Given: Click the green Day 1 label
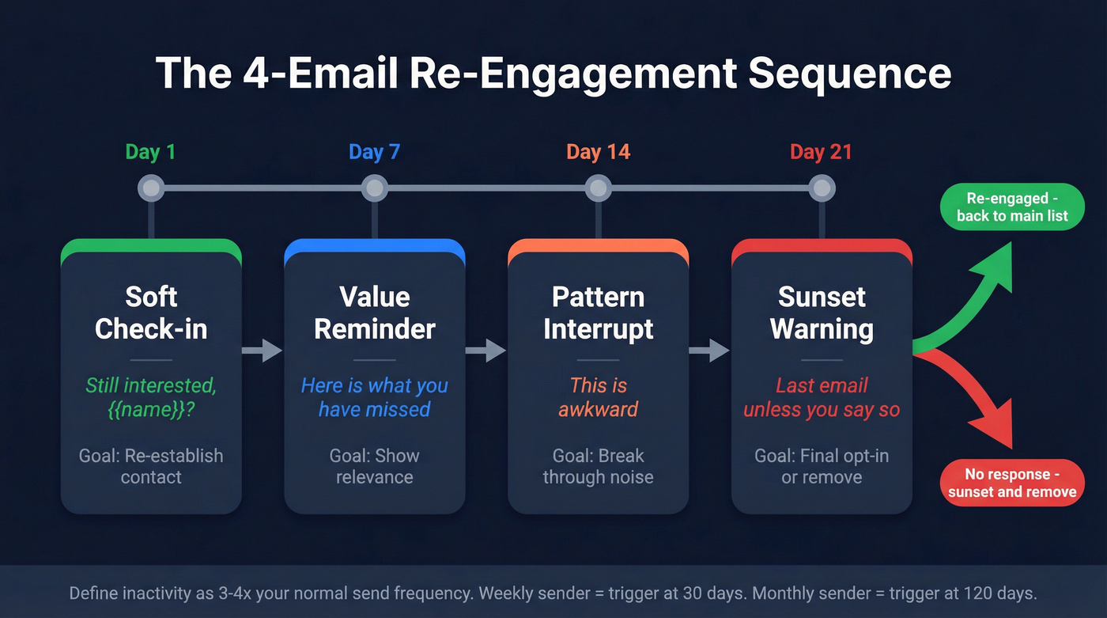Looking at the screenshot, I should click(x=150, y=152).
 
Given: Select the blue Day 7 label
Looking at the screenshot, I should click(x=374, y=152).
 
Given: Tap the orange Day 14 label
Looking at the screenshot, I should click(x=598, y=152).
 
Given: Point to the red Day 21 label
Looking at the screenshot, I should click(x=821, y=152).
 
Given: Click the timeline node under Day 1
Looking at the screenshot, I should click(x=150, y=188).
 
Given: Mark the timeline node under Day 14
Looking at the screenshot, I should click(x=599, y=188).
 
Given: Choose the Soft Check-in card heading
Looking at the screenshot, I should click(x=151, y=313).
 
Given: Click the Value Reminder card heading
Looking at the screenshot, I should click(x=375, y=313).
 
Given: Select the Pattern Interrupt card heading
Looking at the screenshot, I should click(x=599, y=313).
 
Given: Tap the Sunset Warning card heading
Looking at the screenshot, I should click(x=822, y=313).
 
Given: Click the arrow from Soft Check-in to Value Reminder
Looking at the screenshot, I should click(x=262, y=350).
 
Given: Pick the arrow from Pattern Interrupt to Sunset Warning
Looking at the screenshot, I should click(x=709, y=350).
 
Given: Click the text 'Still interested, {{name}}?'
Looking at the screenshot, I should click(x=151, y=397).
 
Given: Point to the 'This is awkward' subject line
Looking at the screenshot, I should click(x=599, y=397).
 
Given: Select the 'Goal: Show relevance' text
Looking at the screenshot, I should click(x=375, y=466).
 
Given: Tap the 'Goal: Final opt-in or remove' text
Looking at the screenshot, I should click(x=822, y=466).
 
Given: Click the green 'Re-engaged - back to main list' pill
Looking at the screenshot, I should click(x=1012, y=207).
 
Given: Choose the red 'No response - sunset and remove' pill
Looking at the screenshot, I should click(x=1012, y=483).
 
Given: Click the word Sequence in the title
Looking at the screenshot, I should click(x=849, y=73).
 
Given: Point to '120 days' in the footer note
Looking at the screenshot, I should click(x=999, y=593).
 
